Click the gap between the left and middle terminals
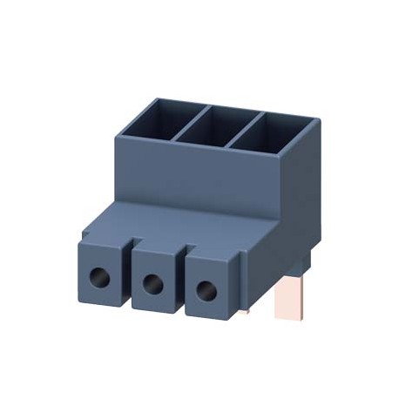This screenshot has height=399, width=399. tap(127, 261)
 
